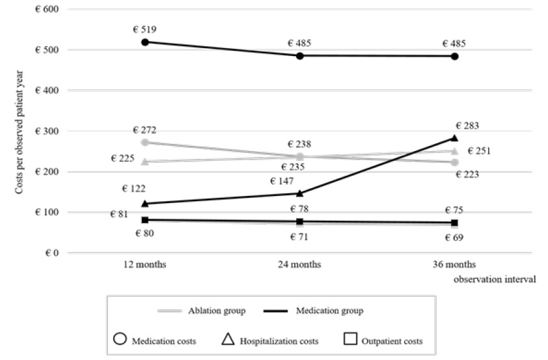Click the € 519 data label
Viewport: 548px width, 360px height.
(145, 29)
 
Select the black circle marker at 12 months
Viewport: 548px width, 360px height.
(145, 42)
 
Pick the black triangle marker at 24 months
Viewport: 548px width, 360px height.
(300, 193)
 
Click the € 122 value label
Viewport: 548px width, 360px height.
(133, 189)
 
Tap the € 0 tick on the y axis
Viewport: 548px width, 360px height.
(49, 253)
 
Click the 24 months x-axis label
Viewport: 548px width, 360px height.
(300, 264)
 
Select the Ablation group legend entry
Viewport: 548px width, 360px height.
(202, 311)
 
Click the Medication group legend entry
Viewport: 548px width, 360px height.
(314, 311)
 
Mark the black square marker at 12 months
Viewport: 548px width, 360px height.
(145, 220)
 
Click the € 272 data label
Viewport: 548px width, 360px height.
(145, 130)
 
